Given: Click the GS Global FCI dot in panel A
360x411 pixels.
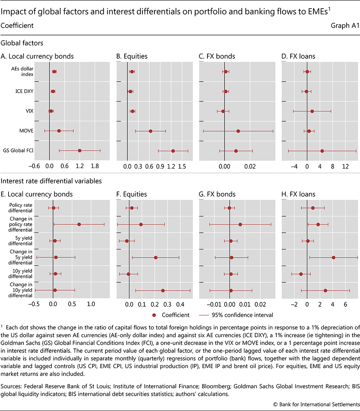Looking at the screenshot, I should point(79,151).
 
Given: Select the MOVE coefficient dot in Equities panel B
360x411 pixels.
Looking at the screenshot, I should point(150,131).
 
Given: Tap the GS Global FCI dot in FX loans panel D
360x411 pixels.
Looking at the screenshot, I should point(322,151).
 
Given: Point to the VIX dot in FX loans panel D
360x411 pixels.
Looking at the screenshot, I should point(312,111).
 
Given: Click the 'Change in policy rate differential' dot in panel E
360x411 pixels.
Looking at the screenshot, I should point(79,224).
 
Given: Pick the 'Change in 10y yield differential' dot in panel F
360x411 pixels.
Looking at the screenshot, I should point(163,290).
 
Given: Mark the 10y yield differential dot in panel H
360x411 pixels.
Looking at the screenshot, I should point(301,274).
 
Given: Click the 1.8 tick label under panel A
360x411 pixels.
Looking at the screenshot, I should point(95,166).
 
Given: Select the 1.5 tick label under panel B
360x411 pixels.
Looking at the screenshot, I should point(182,166).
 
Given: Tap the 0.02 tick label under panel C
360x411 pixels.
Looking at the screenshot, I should point(250,166).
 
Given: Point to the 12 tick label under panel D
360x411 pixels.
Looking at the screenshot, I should point(345,166).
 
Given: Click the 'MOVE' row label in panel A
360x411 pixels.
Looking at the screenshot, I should point(27,131).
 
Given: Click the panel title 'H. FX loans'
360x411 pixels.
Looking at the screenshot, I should point(298,194).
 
